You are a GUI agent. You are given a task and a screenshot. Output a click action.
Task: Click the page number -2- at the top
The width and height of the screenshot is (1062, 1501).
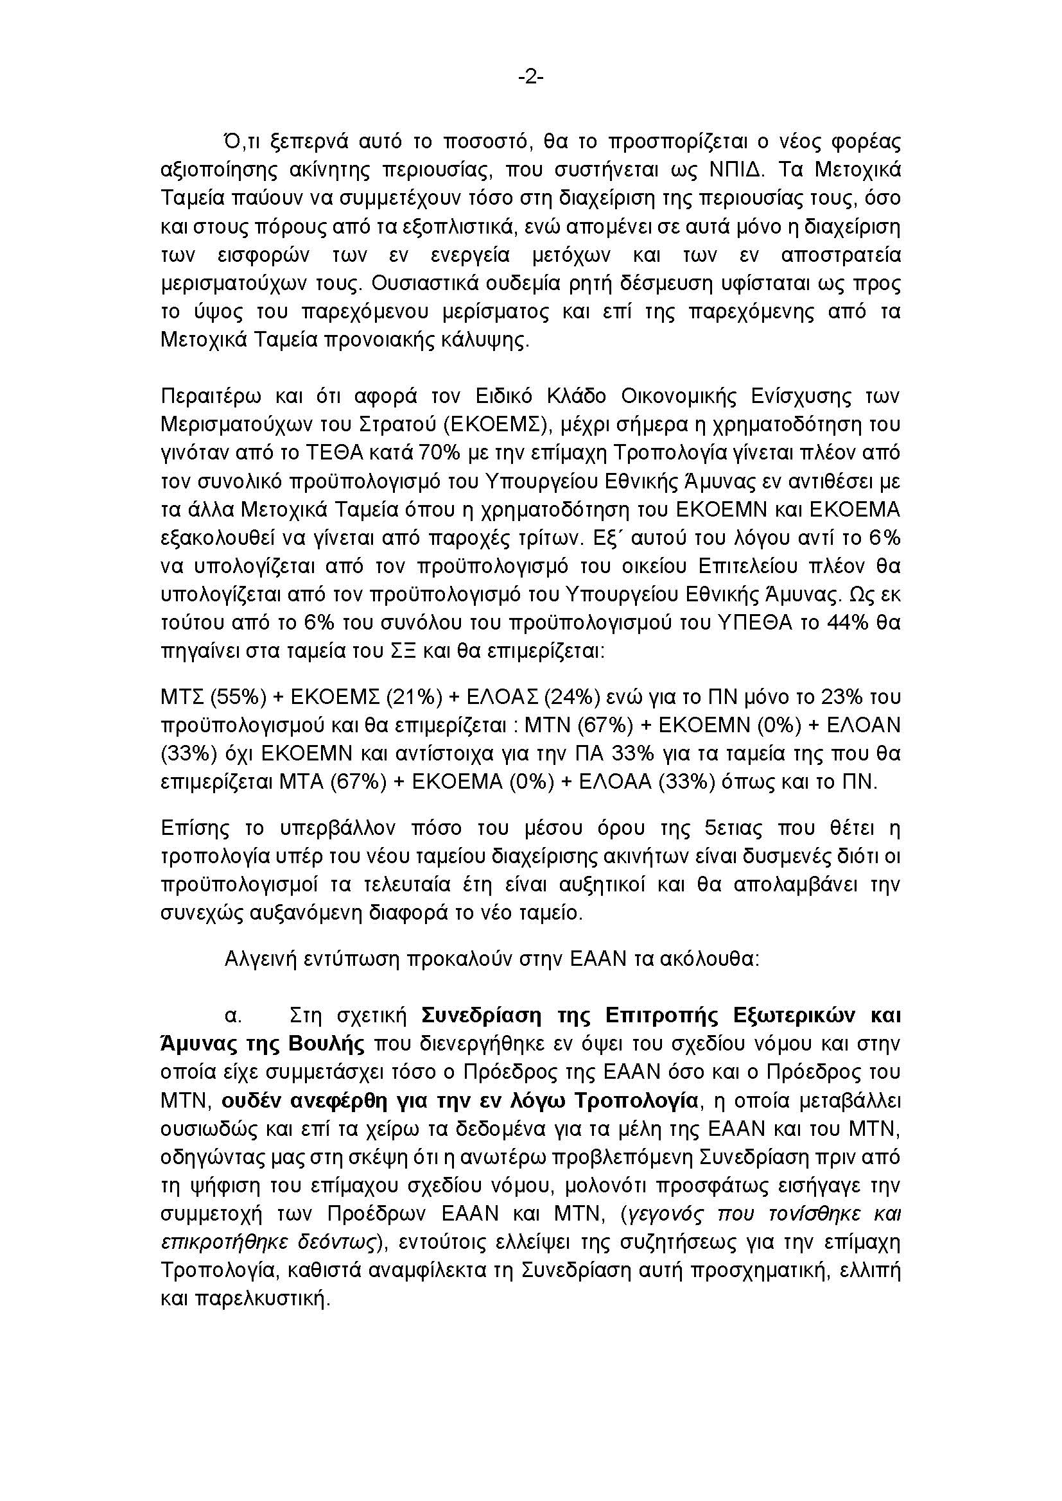tap(531, 78)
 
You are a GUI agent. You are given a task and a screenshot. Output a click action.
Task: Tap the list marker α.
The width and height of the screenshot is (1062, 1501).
tap(232, 1016)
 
